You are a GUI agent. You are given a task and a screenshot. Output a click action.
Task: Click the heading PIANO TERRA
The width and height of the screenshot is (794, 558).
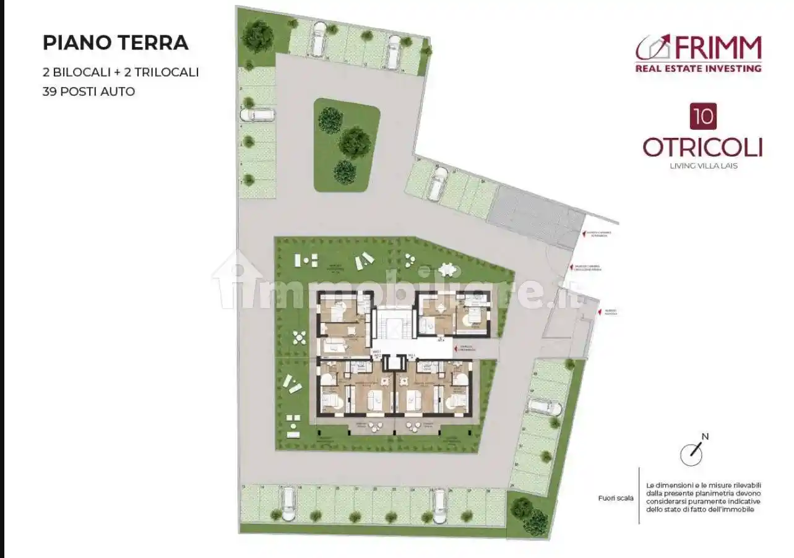tap(115, 43)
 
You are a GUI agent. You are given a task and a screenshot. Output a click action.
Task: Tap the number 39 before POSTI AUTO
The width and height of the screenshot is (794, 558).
tap(50, 92)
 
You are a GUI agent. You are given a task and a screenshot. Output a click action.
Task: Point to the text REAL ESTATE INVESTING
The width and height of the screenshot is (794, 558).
tap(698, 68)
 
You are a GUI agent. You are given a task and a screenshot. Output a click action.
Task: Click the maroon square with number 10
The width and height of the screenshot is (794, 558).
tap(702, 116)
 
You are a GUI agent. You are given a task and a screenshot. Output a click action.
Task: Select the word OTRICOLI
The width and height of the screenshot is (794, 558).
tap(702, 148)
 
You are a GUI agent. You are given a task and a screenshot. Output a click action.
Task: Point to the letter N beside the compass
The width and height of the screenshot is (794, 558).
tap(705, 437)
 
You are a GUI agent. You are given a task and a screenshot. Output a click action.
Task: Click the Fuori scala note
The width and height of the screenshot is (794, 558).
tap(616, 498)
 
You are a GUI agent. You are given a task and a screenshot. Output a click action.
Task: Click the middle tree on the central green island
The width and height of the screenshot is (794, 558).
tap(354, 142)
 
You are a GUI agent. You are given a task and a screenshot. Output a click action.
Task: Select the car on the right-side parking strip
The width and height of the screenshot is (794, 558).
tap(544, 406)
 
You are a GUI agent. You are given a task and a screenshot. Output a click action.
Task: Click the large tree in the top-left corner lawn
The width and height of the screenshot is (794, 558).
tap(257, 36)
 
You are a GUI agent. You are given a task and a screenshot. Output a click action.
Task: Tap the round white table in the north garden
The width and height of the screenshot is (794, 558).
tap(446, 270)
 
